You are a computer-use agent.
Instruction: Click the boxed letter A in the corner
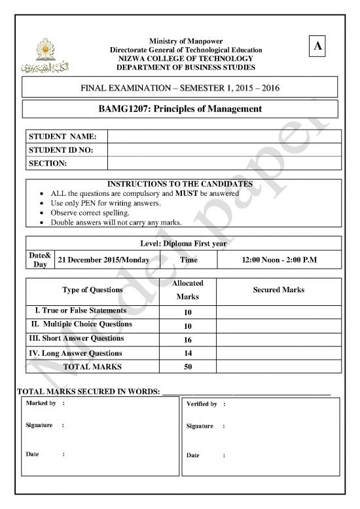pyautogui.click(x=317, y=46)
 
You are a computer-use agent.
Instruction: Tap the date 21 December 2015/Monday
pyautogui.click(x=104, y=260)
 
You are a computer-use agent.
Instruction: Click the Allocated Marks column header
pyautogui.click(x=188, y=290)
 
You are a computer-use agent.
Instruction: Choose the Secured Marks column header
pyautogui.click(x=278, y=290)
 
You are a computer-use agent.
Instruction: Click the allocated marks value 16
pyautogui.click(x=188, y=340)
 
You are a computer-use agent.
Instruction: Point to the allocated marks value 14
pyautogui.click(x=188, y=354)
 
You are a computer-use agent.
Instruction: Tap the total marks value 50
pyautogui.click(x=188, y=367)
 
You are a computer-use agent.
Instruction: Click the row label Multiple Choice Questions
pyautogui.click(x=81, y=324)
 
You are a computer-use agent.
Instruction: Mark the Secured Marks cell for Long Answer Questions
pyautogui.click(x=278, y=354)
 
